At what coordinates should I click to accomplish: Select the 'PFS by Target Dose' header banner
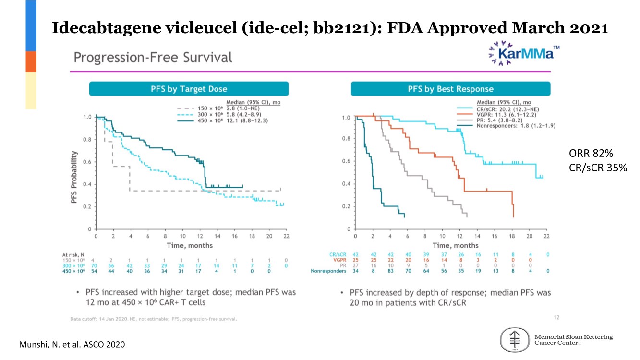tap(189, 89)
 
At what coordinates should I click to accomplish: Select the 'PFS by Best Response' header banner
tap(450, 89)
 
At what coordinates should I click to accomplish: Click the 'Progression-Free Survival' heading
tap(153, 58)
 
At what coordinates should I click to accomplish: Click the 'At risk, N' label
tap(73, 254)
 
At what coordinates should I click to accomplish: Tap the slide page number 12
tap(556, 317)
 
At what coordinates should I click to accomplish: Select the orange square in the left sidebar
tap(31, 61)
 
